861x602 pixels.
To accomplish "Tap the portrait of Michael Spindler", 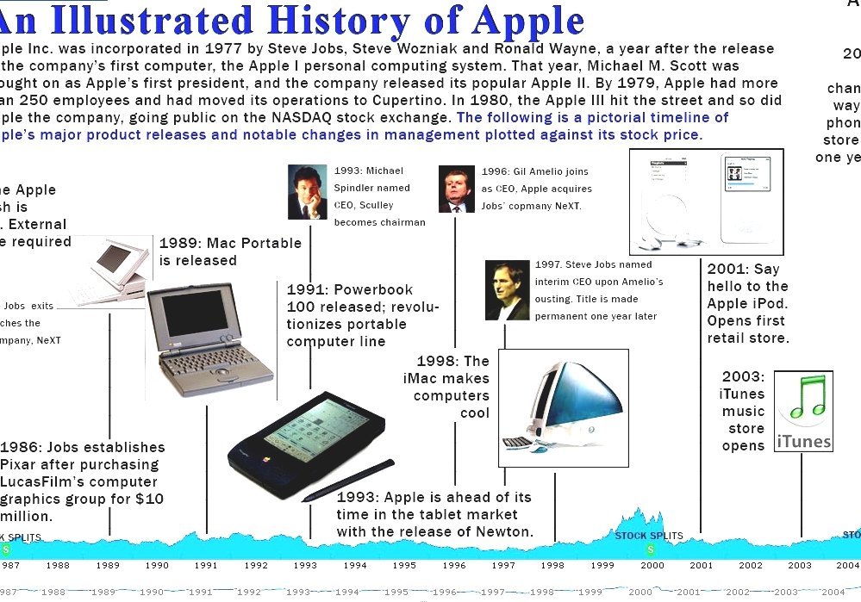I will (x=307, y=191).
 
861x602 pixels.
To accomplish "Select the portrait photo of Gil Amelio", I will (x=456, y=189).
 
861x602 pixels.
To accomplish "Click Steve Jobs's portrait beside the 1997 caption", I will (x=507, y=290).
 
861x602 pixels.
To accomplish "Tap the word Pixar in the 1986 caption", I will (x=20, y=465).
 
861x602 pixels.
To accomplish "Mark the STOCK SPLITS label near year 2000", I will (x=648, y=536).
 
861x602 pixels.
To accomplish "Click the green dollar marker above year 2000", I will (x=651, y=548).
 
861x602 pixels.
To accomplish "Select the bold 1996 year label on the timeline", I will (x=453, y=566).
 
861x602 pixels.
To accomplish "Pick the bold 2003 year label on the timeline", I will (x=799, y=566).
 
